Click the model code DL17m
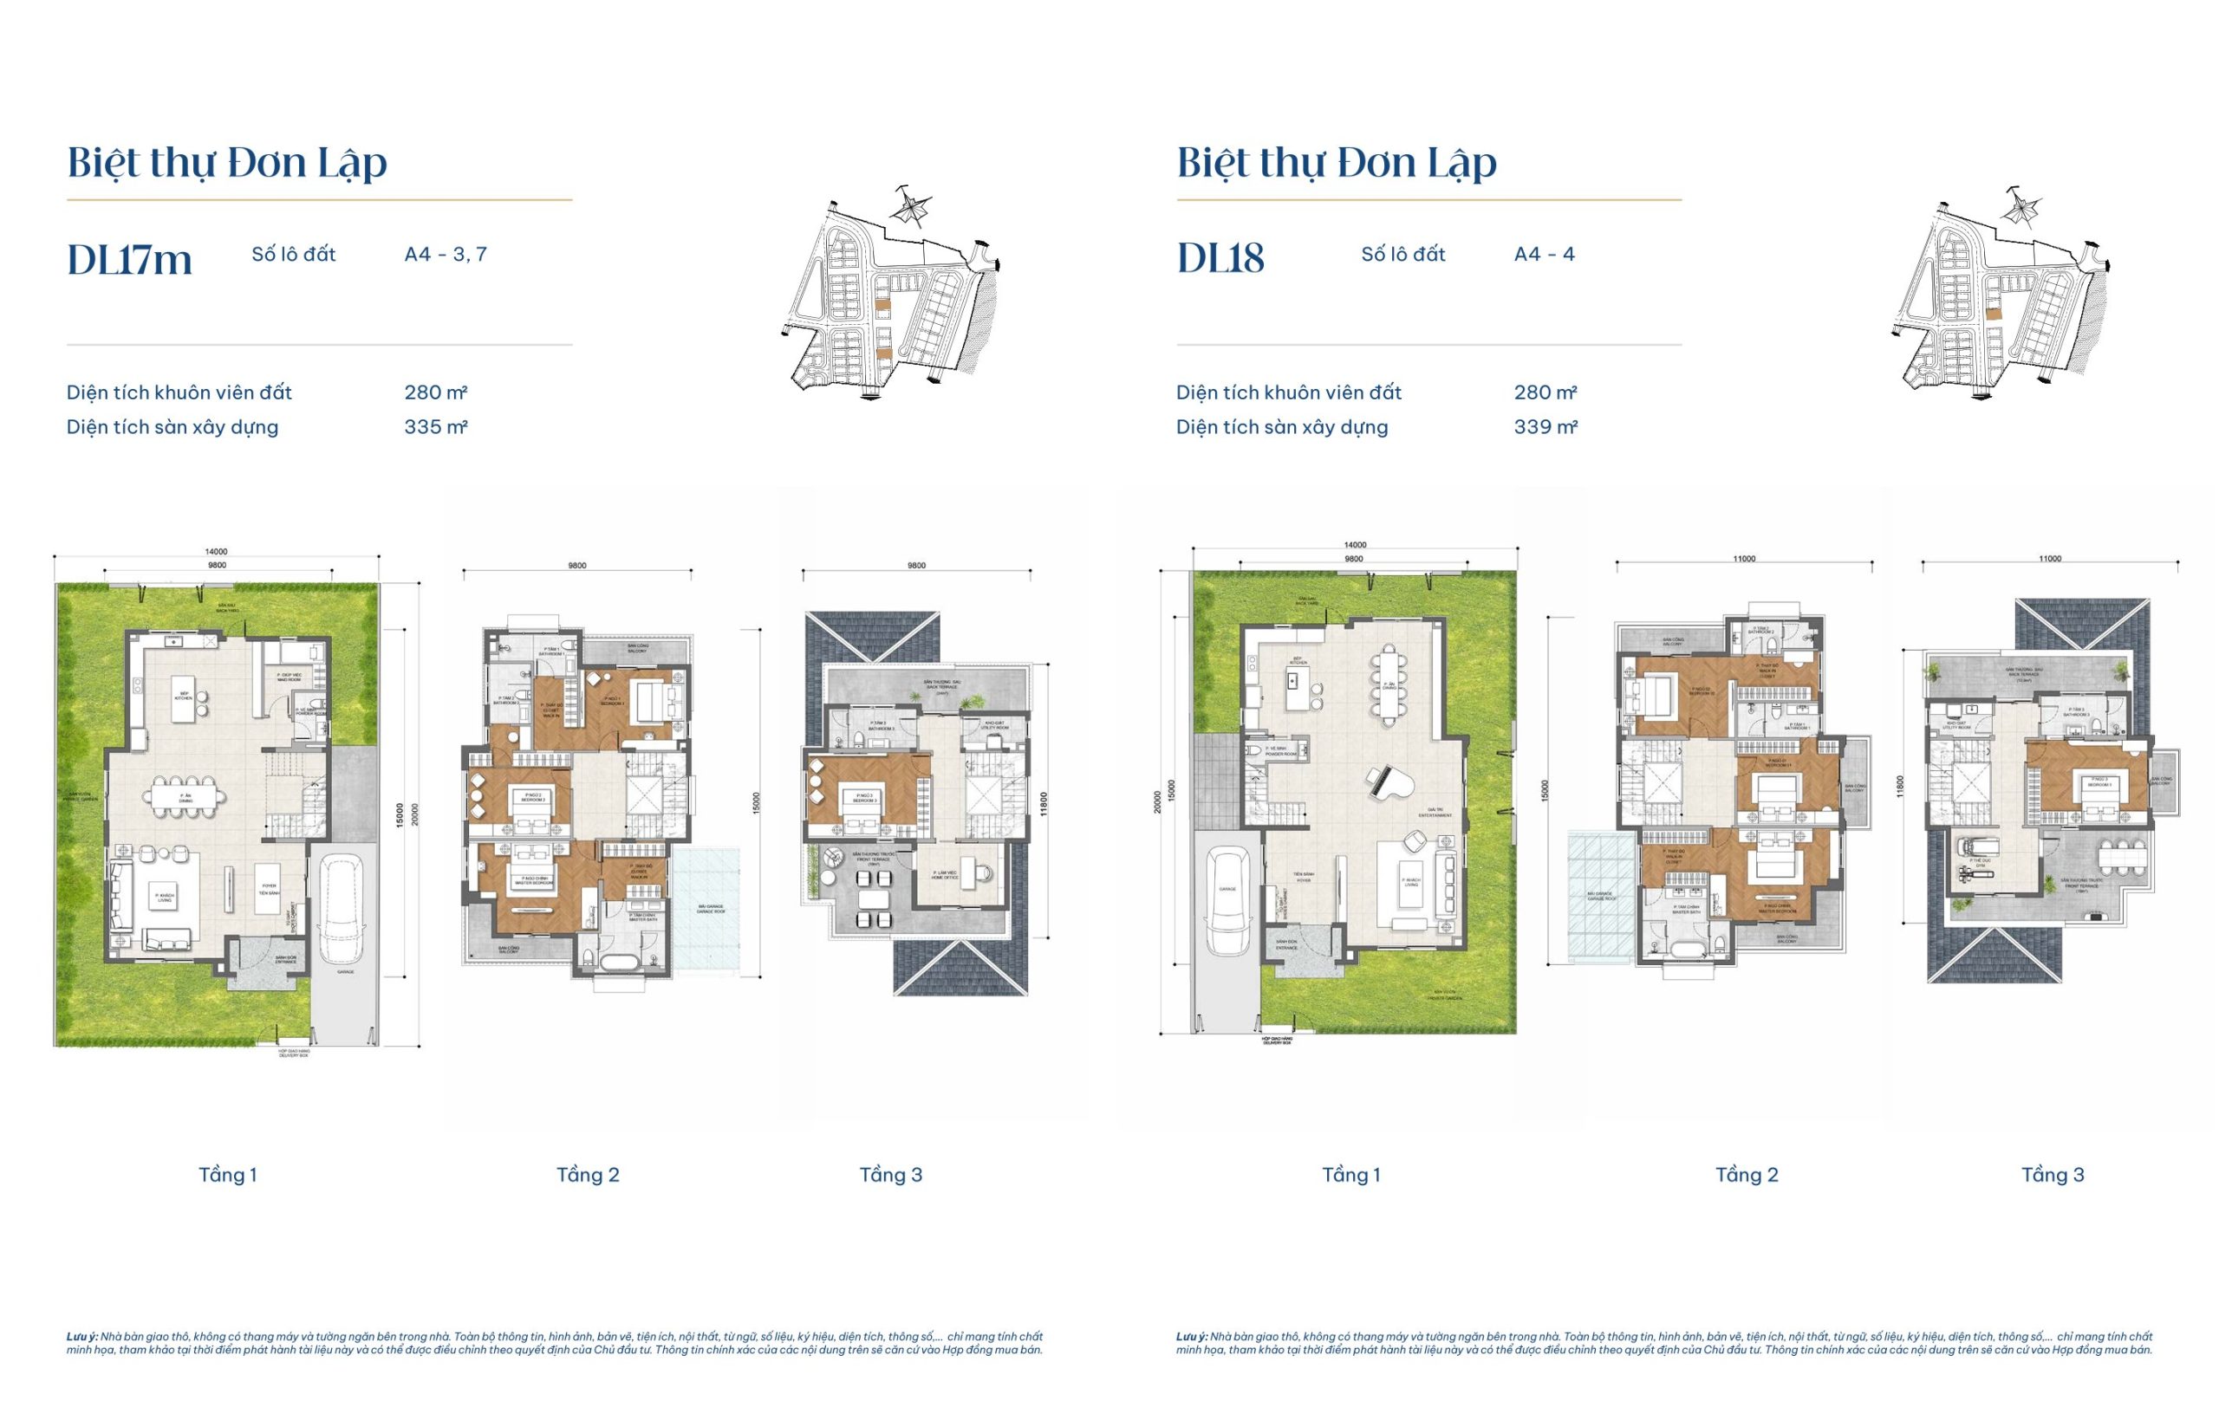click(129, 258)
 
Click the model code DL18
click(1220, 258)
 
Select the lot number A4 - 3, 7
click(446, 254)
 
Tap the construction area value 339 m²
click(1545, 427)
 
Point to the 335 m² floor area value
click(435, 427)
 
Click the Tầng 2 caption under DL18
click(1746, 1175)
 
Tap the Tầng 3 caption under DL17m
click(891, 1175)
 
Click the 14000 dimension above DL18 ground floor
click(1355, 545)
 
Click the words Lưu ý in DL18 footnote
click(1191, 1336)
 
